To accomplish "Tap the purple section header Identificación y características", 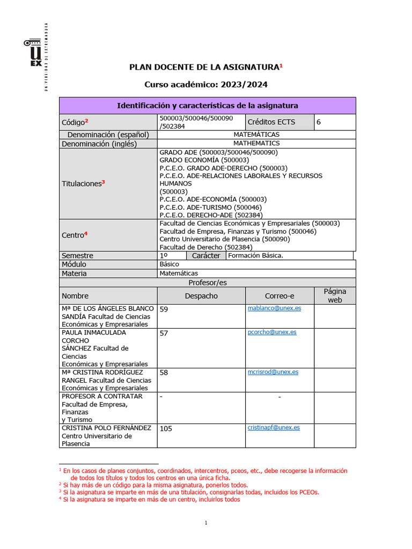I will [x=207, y=106].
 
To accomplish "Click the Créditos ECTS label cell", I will [x=271, y=122].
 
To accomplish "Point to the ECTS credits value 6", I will [x=319, y=122].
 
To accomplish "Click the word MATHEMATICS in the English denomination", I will [x=256, y=144].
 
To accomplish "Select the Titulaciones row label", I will [x=83, y=183].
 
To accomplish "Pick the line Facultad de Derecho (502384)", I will [x=206, y=247].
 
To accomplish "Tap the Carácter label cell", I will [x=205, y=256].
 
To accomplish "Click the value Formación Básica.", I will [x=255, y=256].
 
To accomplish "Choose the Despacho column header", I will [x=201, y=296].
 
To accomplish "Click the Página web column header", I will [x=335, y=295].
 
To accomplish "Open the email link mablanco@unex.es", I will [x=274, y=308].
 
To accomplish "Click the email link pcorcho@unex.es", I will [x=272, y=332].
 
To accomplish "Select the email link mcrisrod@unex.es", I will [x=273, y=372].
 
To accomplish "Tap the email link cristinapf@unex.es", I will [x=274, y=428].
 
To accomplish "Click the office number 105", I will [x=166, y=428].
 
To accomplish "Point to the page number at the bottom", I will [x=206, y=523].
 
